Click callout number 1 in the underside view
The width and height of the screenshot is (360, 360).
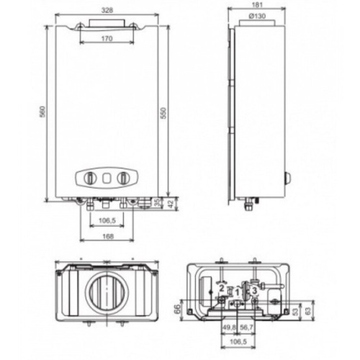238,292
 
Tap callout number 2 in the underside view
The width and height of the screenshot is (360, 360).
221,289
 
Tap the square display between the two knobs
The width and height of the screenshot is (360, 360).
106,177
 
